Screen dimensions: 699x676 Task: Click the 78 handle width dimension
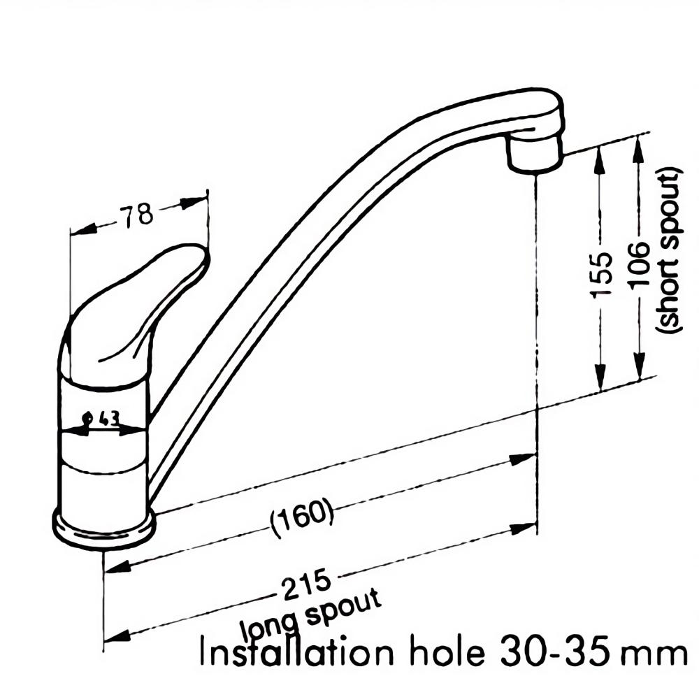click(x=137, y=216)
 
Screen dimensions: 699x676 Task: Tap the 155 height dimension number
click(x=601, y=274)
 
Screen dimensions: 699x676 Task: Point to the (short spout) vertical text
click(x=669, y=250)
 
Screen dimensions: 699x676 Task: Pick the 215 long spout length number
click(x=308, y=584)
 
